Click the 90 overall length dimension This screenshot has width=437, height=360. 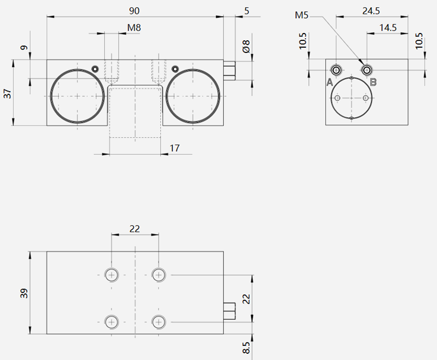tap(134, 11)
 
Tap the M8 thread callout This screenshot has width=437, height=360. tap(134, 28)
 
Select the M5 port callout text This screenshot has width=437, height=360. tap(302, 15)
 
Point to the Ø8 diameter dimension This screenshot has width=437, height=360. tap(246, 46)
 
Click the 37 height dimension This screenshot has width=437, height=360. tap(8, 93)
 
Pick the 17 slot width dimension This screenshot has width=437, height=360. tap(174, 148)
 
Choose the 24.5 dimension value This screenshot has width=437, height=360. tap(371, 11)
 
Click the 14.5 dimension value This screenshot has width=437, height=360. tap(387, 28)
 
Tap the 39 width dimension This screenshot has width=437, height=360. tap(24, 293)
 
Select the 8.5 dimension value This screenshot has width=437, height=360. tap(246, 348)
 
